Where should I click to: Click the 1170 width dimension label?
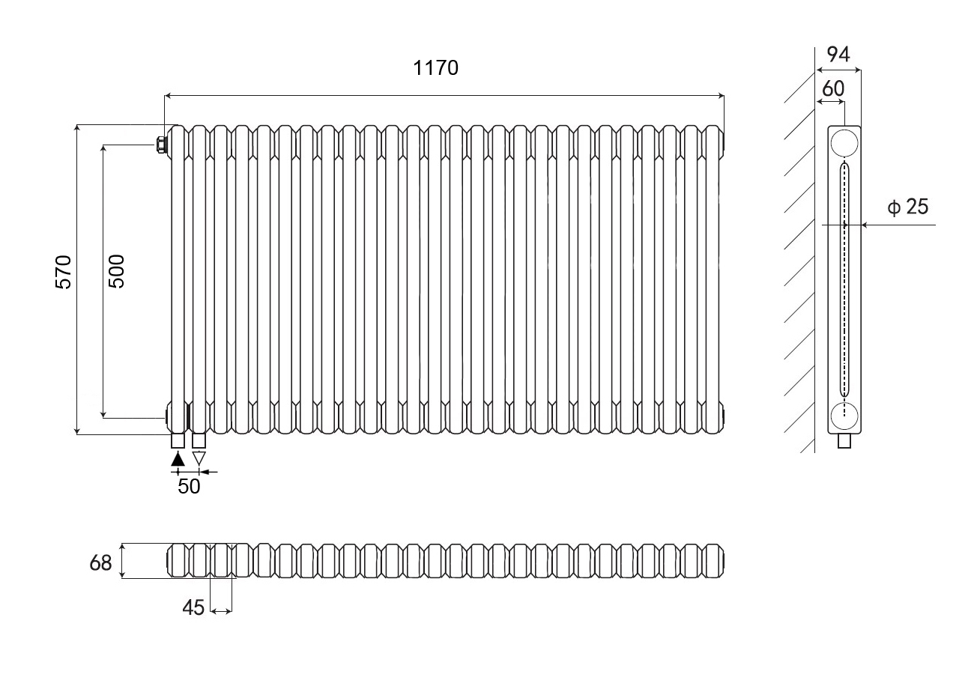pos(435,68)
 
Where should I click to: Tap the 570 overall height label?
pos(64,273)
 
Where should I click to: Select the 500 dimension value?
pos(116,272)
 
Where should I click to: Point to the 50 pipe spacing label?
pos(189,487)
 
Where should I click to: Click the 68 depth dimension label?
pos(100,563)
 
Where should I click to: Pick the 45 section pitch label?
pos(193,607)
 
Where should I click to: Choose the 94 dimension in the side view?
pos(838,55)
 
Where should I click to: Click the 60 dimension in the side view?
pos(833,89)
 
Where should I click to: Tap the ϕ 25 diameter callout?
pos(908,207)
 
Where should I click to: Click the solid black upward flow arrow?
pos(178,459)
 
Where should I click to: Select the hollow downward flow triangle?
pos(199,459)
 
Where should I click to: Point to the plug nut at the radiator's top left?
pos(160,145)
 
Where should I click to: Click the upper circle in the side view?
pos(844,142)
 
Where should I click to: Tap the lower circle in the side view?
pos(844,416)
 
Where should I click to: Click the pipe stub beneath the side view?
pos(844,441)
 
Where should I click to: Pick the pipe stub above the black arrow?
pos(178,440)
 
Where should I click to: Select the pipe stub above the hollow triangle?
pos(199,440)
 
